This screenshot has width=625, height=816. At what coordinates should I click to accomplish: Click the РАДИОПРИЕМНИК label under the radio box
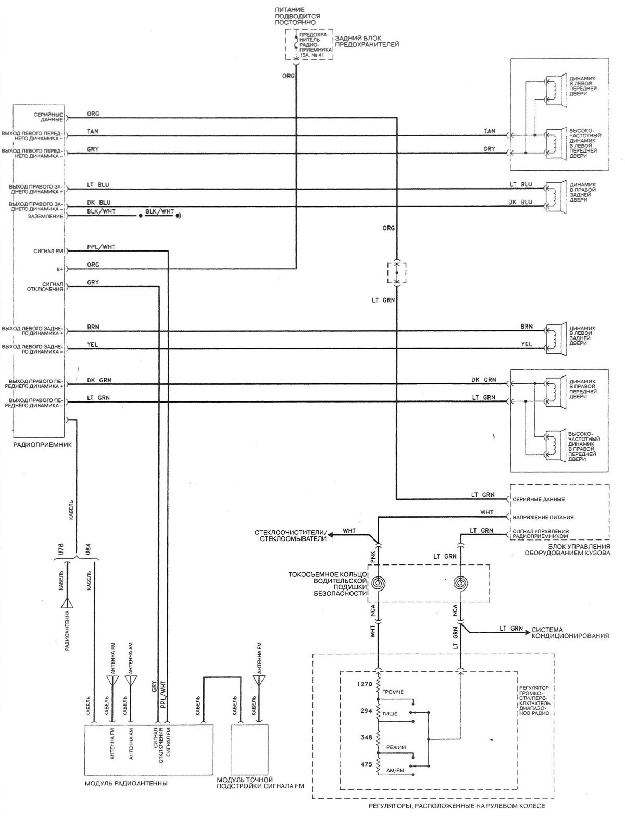(43, 445)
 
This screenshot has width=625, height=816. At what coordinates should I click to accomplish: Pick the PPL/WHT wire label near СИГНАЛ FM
(102, 247)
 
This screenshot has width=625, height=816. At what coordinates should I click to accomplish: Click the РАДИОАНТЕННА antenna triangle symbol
(68, 603)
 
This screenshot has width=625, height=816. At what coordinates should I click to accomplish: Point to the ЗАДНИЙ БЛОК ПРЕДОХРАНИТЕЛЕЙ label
(367, 42)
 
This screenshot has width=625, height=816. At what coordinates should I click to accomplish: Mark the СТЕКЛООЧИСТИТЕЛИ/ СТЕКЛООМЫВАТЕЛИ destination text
(291, 535)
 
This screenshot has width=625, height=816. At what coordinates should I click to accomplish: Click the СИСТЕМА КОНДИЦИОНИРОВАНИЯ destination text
(570, 633)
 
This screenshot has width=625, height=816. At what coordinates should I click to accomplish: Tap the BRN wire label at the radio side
(94, 327)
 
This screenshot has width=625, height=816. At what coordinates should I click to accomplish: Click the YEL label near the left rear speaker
(527, 344)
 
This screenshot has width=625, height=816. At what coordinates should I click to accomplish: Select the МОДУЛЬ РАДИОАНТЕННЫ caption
(126, 783)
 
